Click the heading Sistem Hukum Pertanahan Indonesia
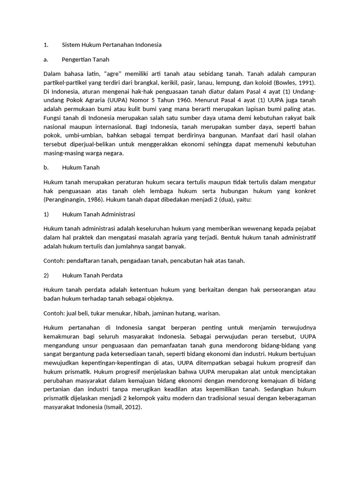pyautogui.click(x=112, y=45)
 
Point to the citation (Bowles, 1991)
pyautogui.click(x=294, y=82)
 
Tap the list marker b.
pyautogui.click(x=45, y=167)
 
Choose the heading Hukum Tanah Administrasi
pyautogui.click(x=98, y=214)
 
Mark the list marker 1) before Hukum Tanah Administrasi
pyautogui.click(x=46, y=214)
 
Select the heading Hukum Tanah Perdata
pyautogui.click(x=92, y=275)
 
